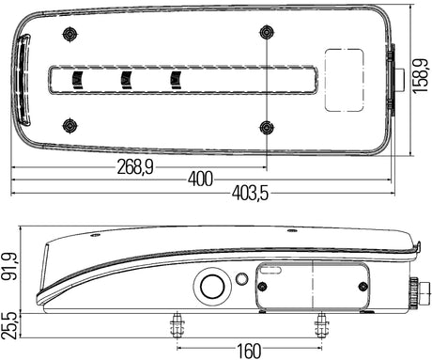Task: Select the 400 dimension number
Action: pos(199,178)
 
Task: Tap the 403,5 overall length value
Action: pos(249,194)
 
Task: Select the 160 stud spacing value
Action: pos(248,351)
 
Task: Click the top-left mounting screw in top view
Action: pos(68,34)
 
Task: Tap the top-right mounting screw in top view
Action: pos(268,33)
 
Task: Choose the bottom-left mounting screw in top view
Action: pos(68,124)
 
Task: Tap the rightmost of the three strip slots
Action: pos(175,79)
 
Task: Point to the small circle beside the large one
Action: pos(242,279)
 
